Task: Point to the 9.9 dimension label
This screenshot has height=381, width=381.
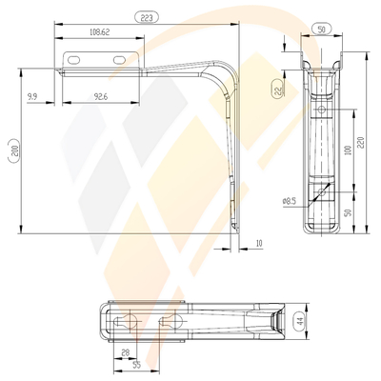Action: point(32,96)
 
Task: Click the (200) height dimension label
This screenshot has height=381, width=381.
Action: point(10,150)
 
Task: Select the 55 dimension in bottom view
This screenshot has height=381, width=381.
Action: point(138,365)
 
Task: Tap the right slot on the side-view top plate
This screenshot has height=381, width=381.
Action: point(119,60)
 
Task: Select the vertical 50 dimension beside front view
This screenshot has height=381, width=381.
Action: point(349,211)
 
